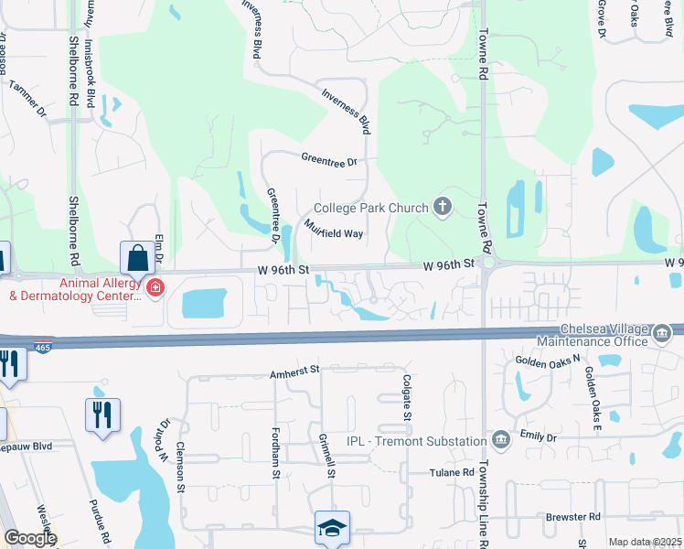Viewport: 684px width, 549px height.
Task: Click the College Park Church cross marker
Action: click(443, 207)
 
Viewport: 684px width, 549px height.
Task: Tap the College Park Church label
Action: click(370, 208)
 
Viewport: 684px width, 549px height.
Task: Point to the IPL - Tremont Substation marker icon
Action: click(500, 441)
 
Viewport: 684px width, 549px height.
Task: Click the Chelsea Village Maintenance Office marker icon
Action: click(660, 336)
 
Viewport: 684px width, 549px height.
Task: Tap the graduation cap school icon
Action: click(331, 527)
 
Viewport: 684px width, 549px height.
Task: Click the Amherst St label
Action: click(293, 371)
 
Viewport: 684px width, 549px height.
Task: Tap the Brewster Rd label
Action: click(572, 517)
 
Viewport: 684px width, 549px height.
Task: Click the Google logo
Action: click(30, 537)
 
